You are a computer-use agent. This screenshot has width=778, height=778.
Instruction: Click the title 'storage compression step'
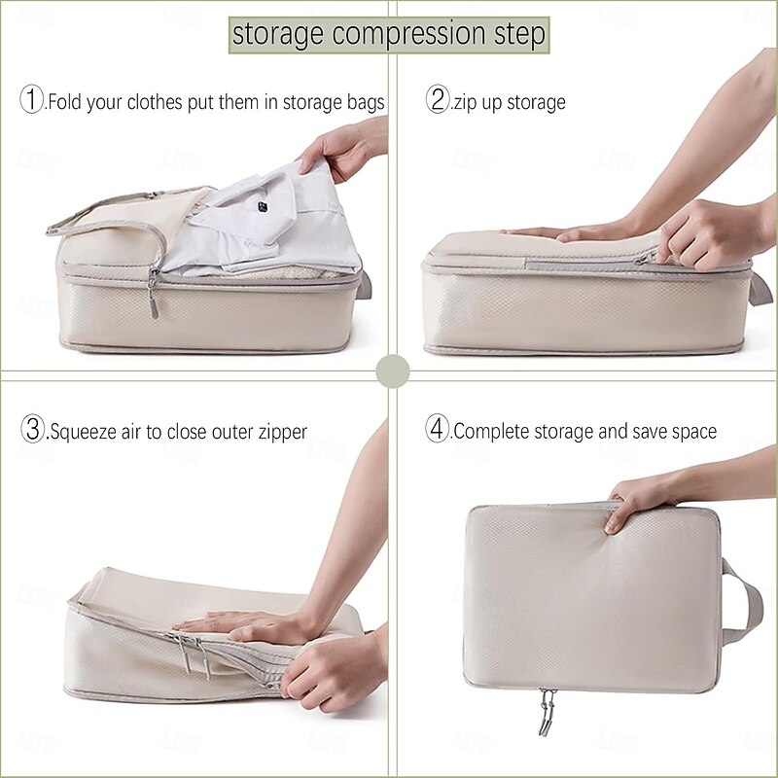point(389,34)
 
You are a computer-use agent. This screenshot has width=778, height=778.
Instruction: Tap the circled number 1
point(33,100)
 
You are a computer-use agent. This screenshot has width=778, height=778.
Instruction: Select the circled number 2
point(438,100)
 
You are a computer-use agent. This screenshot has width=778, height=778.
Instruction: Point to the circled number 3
point(33,430)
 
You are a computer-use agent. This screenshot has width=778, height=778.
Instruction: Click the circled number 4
point(438,430)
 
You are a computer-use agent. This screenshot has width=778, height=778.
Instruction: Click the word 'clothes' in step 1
point(144,101)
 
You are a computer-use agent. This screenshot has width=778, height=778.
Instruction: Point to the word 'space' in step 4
point(691,431)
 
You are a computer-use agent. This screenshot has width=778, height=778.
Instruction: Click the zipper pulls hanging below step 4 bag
point(548,713)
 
